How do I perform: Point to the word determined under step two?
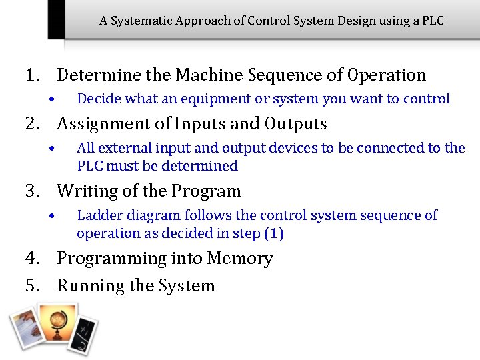click(203, 166)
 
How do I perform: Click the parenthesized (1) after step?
click(273, 233)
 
